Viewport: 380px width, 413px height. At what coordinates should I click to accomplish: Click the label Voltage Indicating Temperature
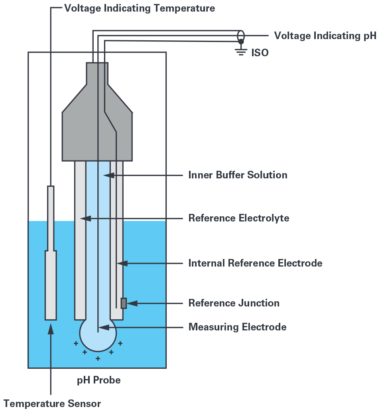click(140, 8)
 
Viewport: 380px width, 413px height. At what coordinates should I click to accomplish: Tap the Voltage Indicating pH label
click(325, 36)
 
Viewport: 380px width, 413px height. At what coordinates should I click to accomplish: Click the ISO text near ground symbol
click(260, 53)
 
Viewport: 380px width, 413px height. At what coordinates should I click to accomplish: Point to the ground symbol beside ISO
click(241, 50)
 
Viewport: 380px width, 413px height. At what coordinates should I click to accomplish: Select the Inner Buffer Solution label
click(238, 175)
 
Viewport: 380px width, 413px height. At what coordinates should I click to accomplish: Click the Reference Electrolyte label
click(238, 218)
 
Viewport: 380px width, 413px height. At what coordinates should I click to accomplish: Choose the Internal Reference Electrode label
click(255, 263)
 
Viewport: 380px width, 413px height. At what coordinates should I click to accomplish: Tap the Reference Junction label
click(234, 303)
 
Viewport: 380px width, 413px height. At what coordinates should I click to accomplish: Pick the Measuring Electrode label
click(237, 328)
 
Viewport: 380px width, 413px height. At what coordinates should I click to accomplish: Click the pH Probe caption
click(98, 380)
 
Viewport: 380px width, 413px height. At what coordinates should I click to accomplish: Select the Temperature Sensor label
click(52, 403)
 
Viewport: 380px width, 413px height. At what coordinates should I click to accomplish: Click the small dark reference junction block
click(124, 303)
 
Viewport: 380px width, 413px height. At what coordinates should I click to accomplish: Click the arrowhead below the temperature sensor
click(51, 328)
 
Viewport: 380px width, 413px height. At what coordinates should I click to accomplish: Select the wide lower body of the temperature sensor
click(51, 285)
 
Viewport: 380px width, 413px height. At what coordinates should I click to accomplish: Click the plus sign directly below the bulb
click(98, 359)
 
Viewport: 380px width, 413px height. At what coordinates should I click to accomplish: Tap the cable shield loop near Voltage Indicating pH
click(241, 35)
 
